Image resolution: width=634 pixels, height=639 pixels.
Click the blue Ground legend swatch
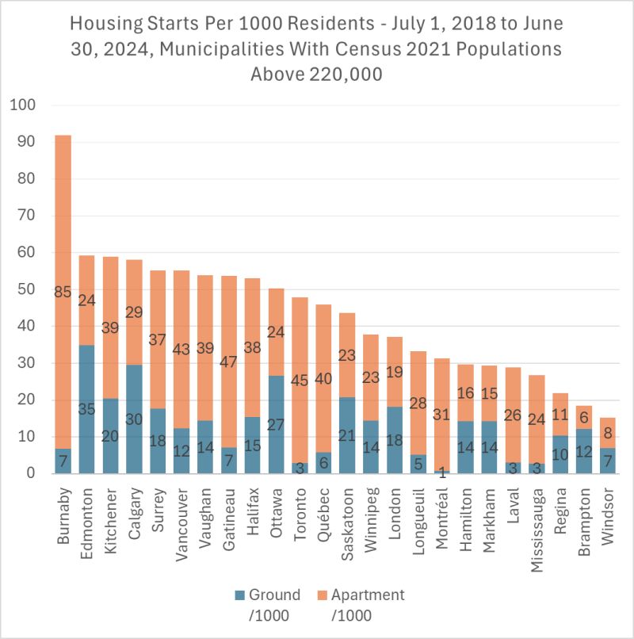239,595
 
